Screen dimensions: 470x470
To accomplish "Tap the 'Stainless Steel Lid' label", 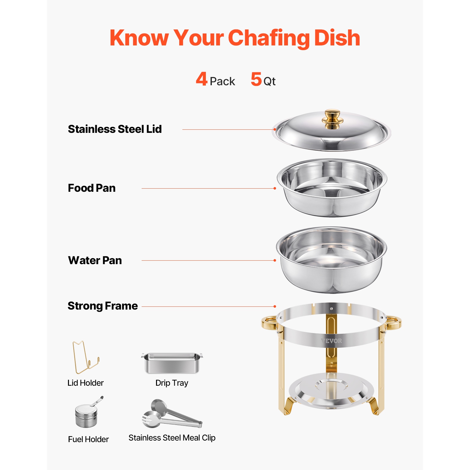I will tap(115, 129).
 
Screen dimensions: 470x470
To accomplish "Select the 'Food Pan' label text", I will tap(92, 188).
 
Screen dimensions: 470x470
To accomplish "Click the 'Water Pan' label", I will tap(95, 260).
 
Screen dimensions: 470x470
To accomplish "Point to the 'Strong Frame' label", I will tap(103, 306).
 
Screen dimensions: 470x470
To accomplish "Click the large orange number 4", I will tap(202, 79).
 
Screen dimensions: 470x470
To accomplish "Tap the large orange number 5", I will tap(256, 79).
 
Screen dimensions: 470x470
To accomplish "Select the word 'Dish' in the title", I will tap(337, 38).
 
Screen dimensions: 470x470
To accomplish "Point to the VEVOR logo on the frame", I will tap(332, 341).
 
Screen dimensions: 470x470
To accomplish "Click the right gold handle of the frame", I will tap(394, 323).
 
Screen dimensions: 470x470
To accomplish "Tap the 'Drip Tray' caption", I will tap(172, 383).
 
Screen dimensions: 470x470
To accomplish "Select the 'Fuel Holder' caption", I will tap(88, 439).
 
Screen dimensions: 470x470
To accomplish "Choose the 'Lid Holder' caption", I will tap(86, 383).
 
